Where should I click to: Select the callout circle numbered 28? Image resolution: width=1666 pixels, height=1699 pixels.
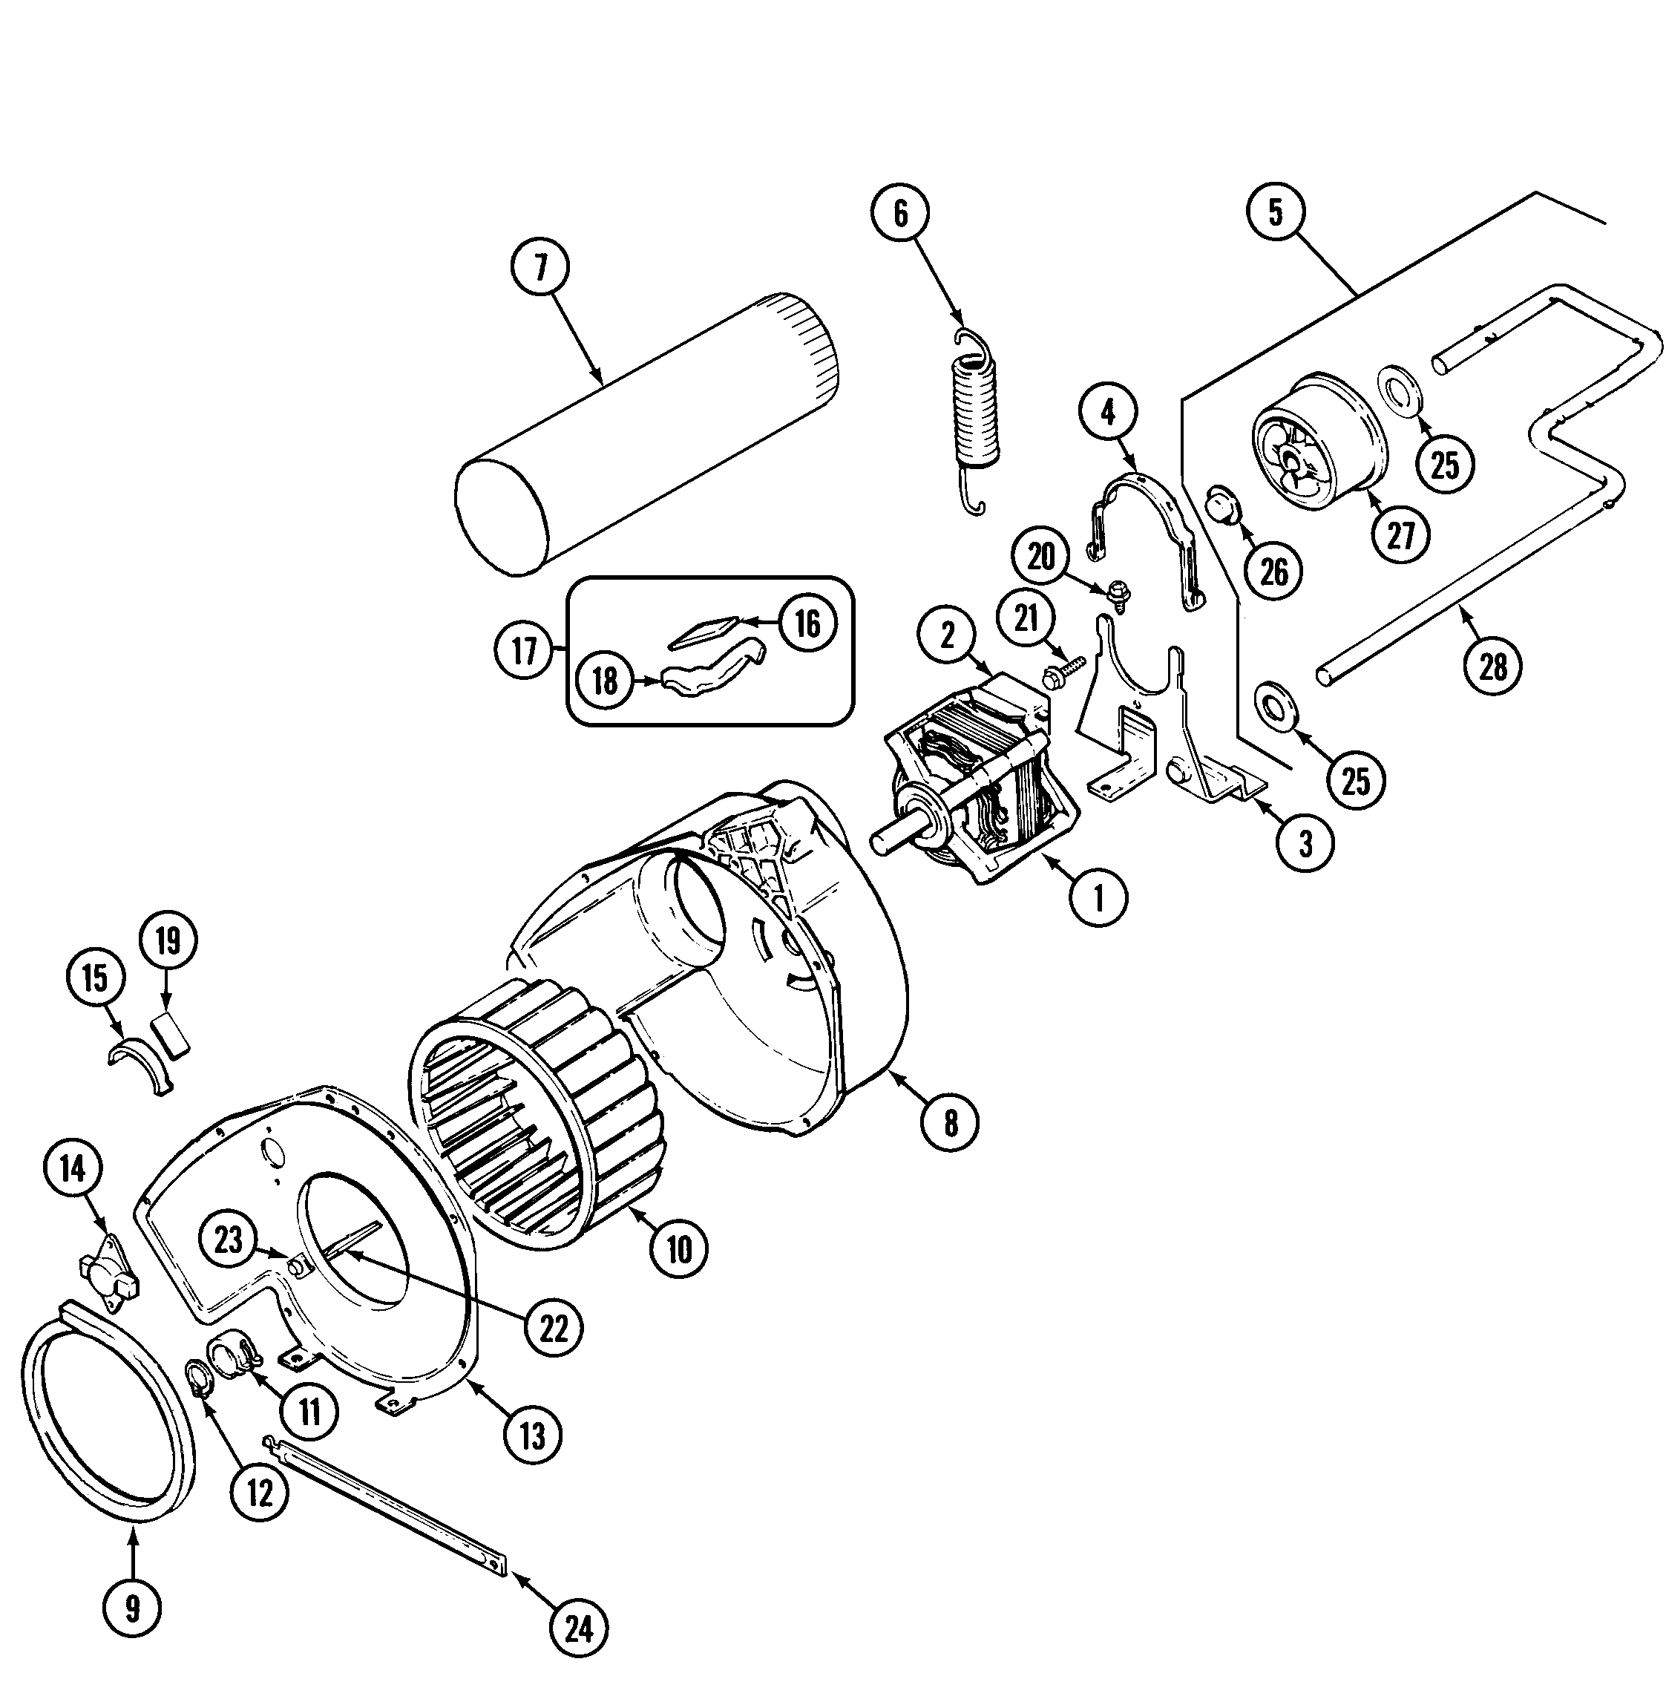click(x=1493, y=668)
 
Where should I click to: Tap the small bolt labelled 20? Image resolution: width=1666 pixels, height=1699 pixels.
click(x=1118, y=592)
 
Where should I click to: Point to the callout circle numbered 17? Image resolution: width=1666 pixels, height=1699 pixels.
click(x=523, y=650)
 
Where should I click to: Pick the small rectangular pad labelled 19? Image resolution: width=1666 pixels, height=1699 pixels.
click(x=172, y=1035)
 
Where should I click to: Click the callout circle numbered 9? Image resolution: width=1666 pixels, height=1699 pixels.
click(x=132, y=1607)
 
